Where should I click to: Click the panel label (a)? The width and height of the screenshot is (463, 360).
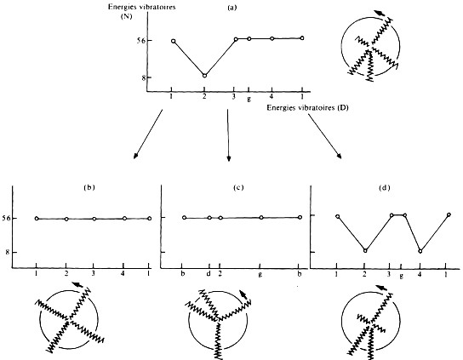click(231, 8)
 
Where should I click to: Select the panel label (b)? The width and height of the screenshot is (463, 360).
click(89, 187)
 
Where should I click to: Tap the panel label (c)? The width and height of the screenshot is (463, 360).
click(238, 187)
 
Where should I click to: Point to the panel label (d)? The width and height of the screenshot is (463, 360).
click(384, 187)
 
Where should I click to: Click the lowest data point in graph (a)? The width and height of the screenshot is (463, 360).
click(204, 76)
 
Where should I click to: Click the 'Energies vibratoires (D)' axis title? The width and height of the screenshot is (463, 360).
click(308, 108)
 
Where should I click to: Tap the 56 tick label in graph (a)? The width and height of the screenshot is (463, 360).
click(140, 40)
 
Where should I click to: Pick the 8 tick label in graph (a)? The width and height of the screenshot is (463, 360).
click(142, 77)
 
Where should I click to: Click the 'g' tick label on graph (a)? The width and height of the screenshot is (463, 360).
click(249, 100)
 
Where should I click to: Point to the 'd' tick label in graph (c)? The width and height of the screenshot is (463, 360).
click(209, 273)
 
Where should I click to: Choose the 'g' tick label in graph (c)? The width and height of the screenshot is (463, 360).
click(260, 275)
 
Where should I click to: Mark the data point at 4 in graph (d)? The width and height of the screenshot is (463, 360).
click(420, 251)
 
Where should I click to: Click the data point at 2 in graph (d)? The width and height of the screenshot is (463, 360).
click(365, 251)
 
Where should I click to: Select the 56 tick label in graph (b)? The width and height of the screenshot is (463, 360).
click(6, 218)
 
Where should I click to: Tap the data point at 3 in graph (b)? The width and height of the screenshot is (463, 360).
click(94, 219)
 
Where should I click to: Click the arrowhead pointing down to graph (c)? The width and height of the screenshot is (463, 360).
click(229, 159)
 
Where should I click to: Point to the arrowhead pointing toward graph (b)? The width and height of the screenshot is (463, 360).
click(135, 156)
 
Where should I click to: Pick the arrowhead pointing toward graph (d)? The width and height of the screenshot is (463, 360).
click(340, 157)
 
